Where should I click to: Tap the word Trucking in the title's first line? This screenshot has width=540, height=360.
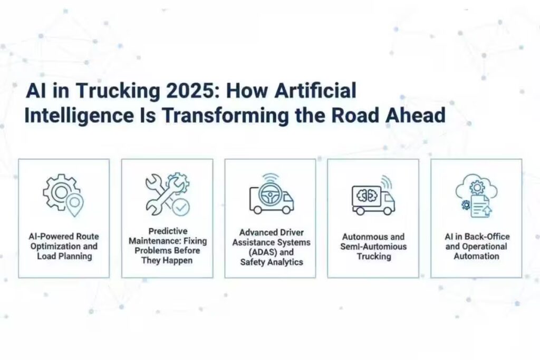[x=114, y=91]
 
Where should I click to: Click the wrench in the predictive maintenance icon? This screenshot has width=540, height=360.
[x=160, y=194]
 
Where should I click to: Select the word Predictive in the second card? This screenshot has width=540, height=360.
[x=167, y=231]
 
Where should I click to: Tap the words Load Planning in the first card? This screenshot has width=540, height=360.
[x=64, y=256]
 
